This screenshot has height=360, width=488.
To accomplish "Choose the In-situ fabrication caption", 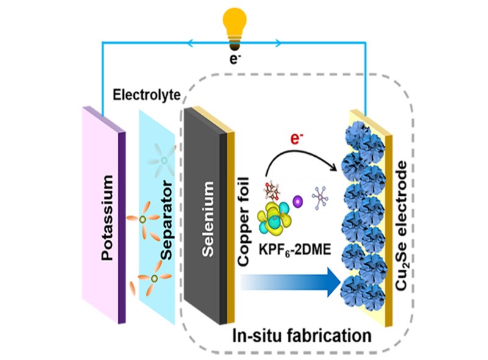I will [301, 334].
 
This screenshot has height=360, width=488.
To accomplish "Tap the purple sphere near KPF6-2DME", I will [298, 200].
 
